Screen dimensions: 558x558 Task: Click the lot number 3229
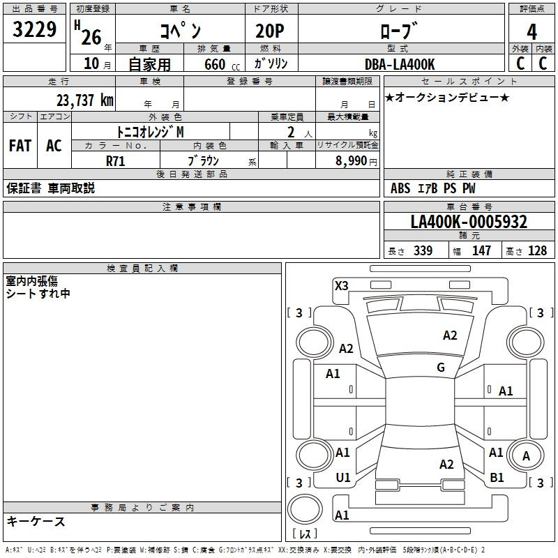[x=34, y=30]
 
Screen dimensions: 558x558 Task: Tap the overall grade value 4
[x=532, y=31]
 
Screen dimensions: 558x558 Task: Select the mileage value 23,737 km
[x=85, y=100]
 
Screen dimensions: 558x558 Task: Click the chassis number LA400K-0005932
[x=469, y=223]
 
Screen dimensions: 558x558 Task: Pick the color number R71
[x=116, y=160]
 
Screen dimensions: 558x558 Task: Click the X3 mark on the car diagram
[x=342, y=285]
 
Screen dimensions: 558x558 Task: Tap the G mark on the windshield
[x=441, y=368]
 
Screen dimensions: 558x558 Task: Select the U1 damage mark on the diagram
[x=343, y=477]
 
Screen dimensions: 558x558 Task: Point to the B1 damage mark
[x=497, y=477]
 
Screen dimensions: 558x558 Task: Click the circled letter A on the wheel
[x=527, y=456]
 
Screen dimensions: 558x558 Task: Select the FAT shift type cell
[x=20, y=146]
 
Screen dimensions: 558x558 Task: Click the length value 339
[x=422, y=251]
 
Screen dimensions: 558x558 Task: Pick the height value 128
[x=537, y=251]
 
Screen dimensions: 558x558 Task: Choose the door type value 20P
[x=266, y=31]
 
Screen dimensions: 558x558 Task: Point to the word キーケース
[x=36, y=522]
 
